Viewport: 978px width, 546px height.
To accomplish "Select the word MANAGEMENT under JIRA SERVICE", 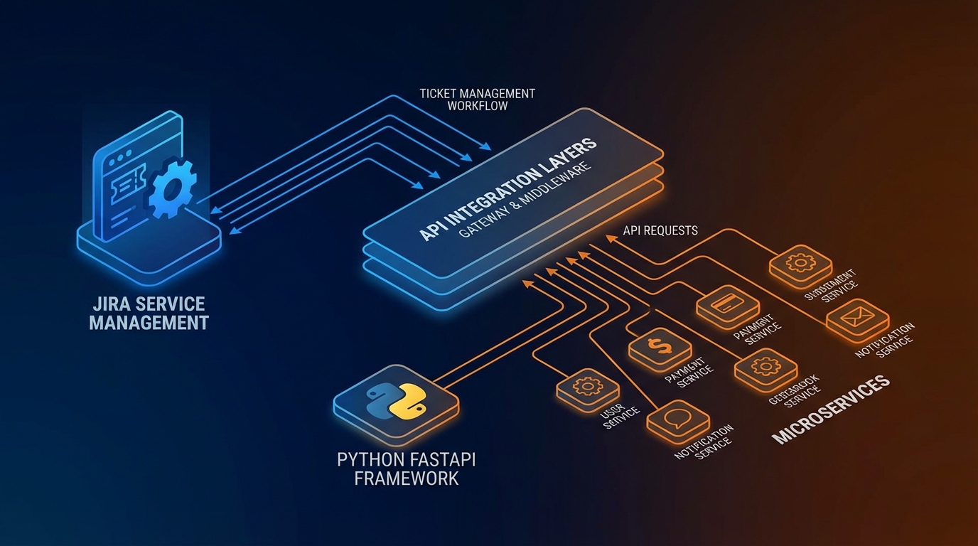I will [x=149, y=323].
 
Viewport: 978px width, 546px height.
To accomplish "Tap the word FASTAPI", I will [x=441, y=459].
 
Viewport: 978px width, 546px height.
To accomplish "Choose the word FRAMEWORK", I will [x=406, y=478].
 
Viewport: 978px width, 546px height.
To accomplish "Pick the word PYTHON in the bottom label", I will [x=370, y=459].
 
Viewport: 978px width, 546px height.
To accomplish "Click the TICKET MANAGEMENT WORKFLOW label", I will [x=477, y=100].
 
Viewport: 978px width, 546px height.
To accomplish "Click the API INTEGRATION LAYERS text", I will [x=507, y=188].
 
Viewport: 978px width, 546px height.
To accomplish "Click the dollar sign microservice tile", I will [x=660, y=347].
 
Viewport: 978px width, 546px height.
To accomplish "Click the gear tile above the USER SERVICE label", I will [x=587, y=387].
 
